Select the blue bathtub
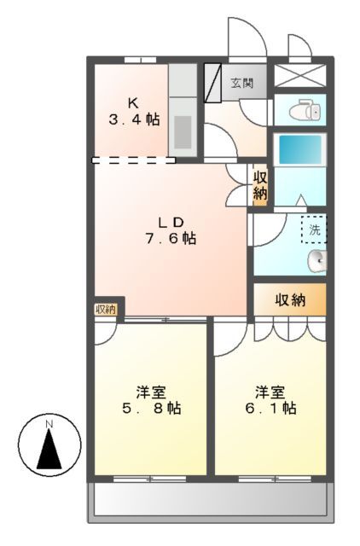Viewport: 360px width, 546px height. pyautogui.click(x=299, y=152)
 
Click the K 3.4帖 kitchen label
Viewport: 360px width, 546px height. pyautogui.click(x=134, y=112)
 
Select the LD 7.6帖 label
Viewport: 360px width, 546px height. pyautogui.click(x=170, y=231)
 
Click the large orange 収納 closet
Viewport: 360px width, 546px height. pyautogui.click(x=290, y=299)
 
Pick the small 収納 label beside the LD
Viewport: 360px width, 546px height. pyautogui.click(x=259, y=186)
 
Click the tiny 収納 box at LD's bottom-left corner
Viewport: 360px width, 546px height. pyautogui.click(x=107, y=308)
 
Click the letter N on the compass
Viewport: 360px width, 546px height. pyautogui.click(x=49, y=423)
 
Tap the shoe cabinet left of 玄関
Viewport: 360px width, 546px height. pyautogui.click(x=212, y=84)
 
